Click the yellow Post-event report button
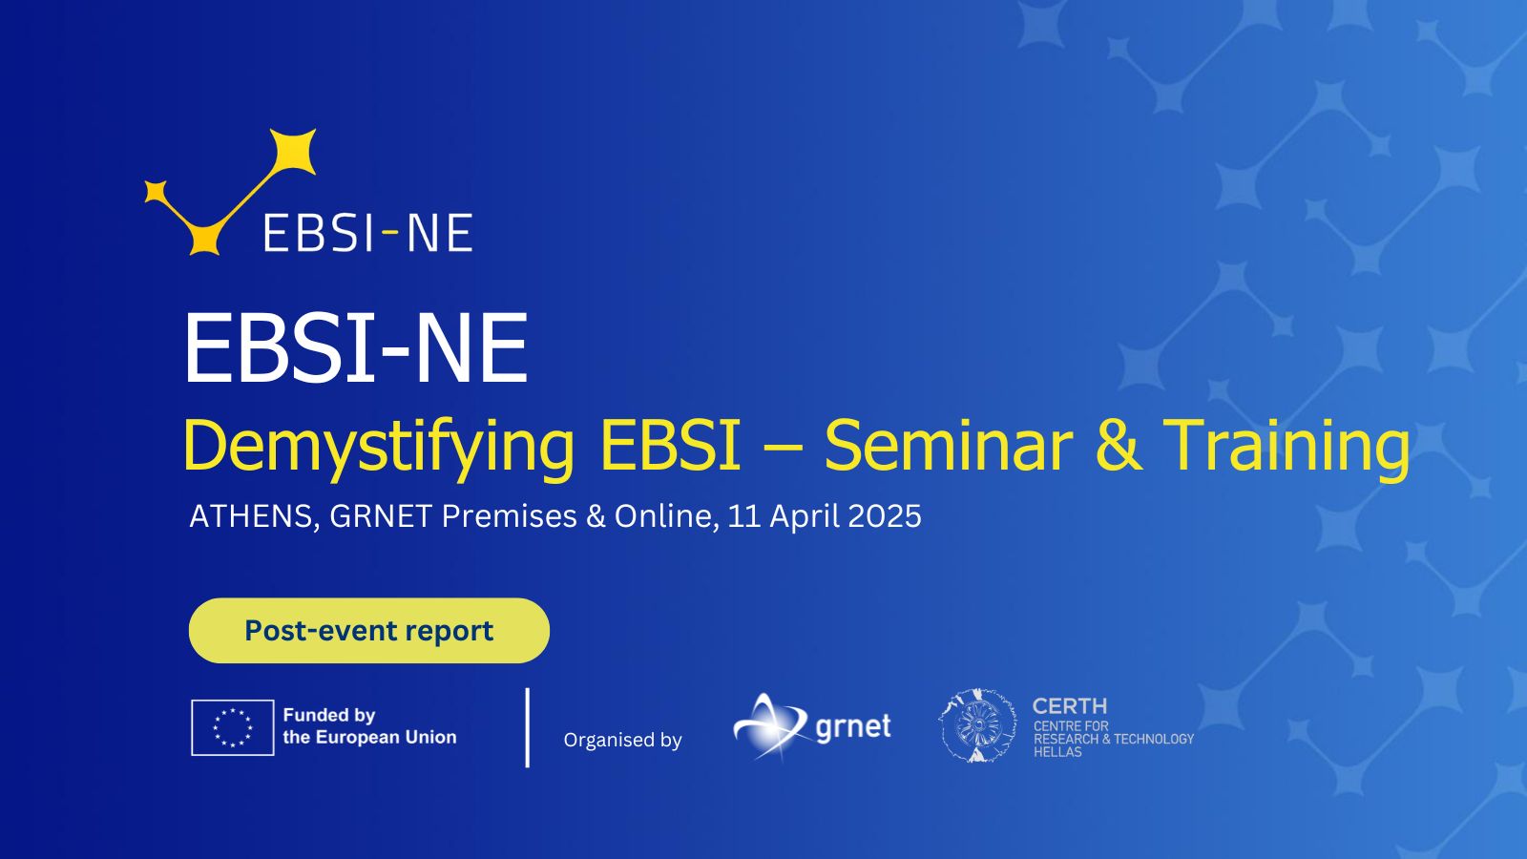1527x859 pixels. pos(368,631)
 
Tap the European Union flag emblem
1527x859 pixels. pos(233,727)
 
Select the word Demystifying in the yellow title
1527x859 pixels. pos(379,447)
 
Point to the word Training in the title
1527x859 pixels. pos(1286,447)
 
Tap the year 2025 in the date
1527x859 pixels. pos(884,516)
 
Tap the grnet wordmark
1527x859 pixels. pos(853,726)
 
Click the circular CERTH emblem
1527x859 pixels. pos(977,725)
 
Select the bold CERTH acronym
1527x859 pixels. pos(1070,705)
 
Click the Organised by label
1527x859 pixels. pos(622,741)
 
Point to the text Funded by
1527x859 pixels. pos(329,715)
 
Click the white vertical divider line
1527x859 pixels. pos(528,727)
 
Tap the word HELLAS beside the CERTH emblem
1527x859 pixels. pos(1057,752)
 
